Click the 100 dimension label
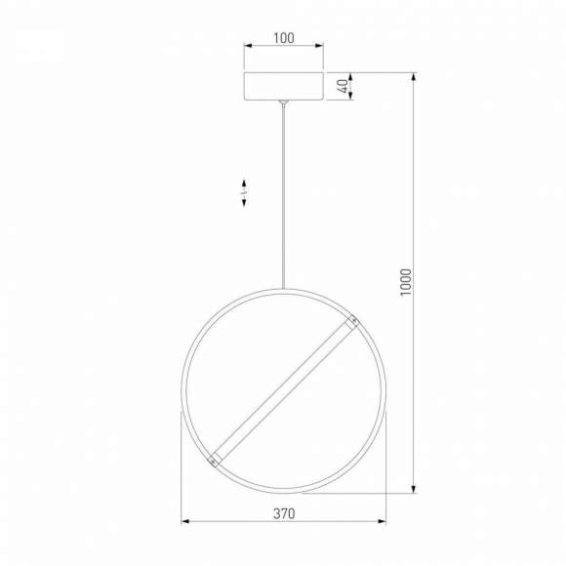coord(283,37)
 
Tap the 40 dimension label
coord(343,85)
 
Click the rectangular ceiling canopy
coord(283,85)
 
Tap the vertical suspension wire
coord(283,195)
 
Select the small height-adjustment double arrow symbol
coord(244,192)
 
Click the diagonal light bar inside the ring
coord(283,389)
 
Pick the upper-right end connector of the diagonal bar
coord(354,320)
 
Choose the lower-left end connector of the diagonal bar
coord(212,457)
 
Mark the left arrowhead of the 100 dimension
coord(246,46)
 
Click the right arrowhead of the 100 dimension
coord(321,46)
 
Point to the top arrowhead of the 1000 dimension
coord(414,74)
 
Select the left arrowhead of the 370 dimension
coord(184,521)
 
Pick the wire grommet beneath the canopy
coord(283,102)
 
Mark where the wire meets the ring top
coord(283,289)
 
